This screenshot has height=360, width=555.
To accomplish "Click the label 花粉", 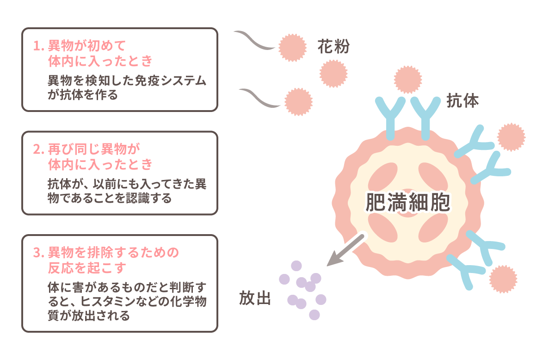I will click(x=333, y=47).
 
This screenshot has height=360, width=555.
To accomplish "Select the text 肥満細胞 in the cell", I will click(x=407, y=202).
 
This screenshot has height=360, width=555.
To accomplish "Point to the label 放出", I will click(x=254, y=298).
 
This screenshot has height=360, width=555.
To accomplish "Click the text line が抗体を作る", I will click(x=83, y=95).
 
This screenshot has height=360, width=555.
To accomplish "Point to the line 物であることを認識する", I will click(x=110, y=199).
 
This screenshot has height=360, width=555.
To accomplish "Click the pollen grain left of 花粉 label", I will click(x=292, y=47).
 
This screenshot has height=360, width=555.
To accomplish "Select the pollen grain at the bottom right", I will click(x=503, y=279).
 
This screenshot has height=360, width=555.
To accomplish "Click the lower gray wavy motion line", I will click(x=259, y=98).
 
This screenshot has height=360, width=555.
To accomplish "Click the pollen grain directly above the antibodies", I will click(x=407, y=79).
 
